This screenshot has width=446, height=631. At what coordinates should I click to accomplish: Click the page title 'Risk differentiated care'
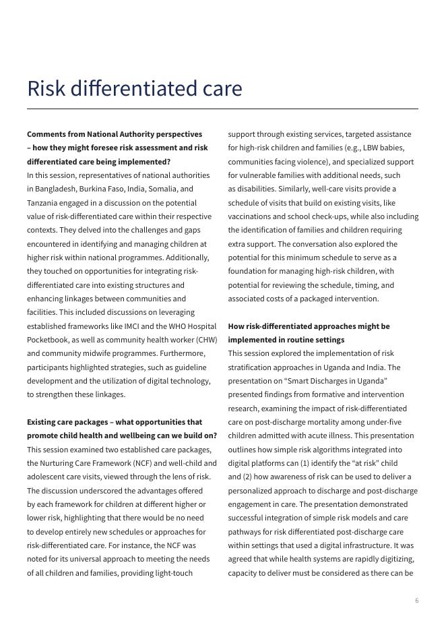[x=135, y=88]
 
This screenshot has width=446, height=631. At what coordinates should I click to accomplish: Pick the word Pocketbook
[x=48, y=340]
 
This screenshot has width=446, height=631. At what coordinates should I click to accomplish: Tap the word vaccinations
[x=251, y=216]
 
